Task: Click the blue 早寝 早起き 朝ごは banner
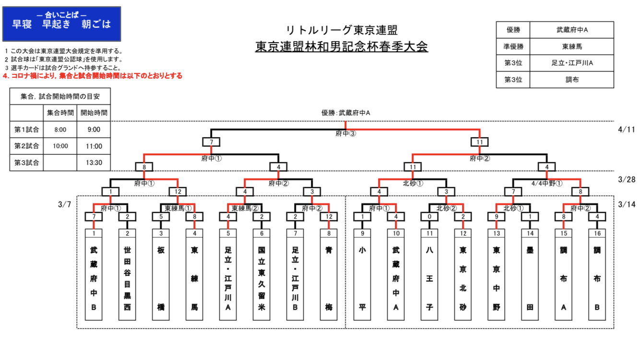click(61, 24)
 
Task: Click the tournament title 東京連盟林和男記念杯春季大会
click(341, 47)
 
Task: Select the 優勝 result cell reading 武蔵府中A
click(571, 30)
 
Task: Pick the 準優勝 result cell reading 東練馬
click(571, 47)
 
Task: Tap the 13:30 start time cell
click(94, 162)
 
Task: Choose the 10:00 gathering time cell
click(60, 146)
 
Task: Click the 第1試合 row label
click(27, 130)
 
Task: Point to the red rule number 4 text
click(93, 76)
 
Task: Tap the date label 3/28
click(627, 179)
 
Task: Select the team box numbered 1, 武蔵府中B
click(94, 274)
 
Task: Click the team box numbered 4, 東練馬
click(194, 274)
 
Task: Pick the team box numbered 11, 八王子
click(429, 274)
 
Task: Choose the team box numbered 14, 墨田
click(530, 274)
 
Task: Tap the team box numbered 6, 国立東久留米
click(261, 274)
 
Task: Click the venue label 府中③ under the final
click(345, 134)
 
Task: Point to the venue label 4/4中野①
click(547, 183)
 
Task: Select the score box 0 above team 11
click(429, 216)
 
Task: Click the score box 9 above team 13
click(497, 216)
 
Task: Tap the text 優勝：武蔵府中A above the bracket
click(345, 113)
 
